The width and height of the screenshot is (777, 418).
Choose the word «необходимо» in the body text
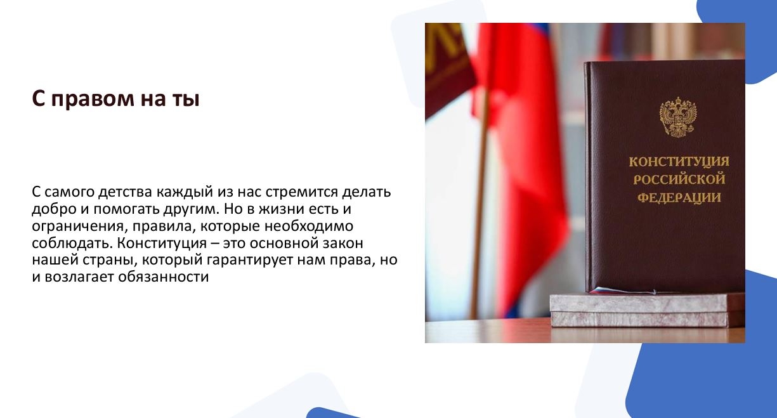(x=309, y=226)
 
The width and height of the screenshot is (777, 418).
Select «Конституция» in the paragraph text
(x=162, y=244)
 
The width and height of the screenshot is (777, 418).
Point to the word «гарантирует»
(x=250, y=261)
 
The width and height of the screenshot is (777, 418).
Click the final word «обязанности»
(x=163, y=277)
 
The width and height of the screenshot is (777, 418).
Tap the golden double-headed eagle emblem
(x=678, y=117)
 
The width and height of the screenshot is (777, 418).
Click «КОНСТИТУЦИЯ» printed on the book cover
(x=679, y=162)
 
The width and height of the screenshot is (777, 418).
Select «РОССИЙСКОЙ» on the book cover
(x=679, y=180)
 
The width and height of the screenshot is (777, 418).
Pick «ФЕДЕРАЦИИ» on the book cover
(x=679, y=198)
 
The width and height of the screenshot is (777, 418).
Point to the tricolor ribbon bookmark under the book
(x=621, y=291)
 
